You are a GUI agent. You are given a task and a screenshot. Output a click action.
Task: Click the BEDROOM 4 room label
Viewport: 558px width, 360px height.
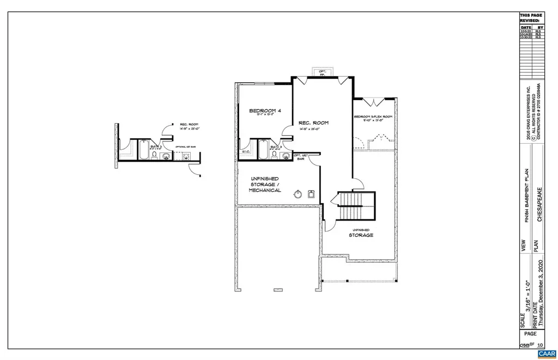click(x=265, y=111)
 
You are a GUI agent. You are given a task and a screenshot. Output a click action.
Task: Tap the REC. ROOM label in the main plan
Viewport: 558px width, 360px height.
click(x=313, y=123)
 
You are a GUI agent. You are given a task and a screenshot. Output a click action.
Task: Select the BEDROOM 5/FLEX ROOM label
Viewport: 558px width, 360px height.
click(x=373, y=117)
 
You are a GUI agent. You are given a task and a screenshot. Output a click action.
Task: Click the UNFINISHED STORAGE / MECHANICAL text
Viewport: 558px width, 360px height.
click(x=265, y=185)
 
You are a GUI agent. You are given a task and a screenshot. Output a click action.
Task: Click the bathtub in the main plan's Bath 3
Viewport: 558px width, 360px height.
click(x=262, y=149)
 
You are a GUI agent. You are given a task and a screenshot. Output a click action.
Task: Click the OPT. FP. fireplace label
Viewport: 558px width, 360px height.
click(x=322, y=72)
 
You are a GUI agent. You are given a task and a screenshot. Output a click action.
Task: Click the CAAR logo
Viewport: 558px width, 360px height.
click(x=546, y=354)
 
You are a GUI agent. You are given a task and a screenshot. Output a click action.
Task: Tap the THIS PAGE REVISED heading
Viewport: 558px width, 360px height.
click(x=532, y=17)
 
